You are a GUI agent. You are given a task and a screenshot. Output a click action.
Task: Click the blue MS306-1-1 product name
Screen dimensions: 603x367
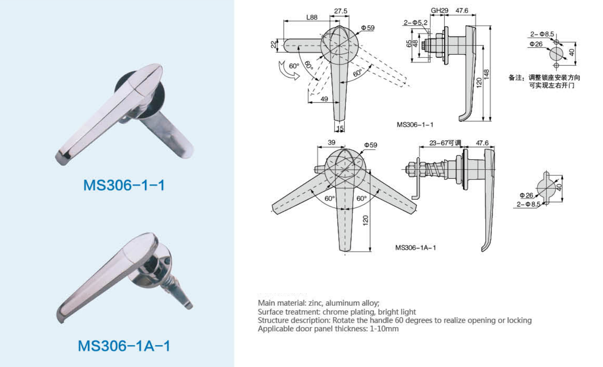click(x=124, y=185)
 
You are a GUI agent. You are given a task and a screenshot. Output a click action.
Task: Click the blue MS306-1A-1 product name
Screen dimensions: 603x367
click(x=124, y=346)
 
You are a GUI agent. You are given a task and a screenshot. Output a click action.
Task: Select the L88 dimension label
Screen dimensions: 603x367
click(x=312, y=17)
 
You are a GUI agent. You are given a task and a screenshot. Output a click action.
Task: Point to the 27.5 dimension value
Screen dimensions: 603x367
click(x=340, y=11)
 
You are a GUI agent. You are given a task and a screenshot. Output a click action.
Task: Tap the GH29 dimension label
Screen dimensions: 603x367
click(x=439, y=10)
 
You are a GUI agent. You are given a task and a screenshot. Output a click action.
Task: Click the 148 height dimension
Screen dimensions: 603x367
click(x=486, y=74)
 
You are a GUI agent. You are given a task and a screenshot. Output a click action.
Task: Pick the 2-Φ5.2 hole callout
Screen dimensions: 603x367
click(x=416, y=23)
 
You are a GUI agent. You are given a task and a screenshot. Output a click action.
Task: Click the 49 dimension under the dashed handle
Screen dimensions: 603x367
click(x=324, y=99)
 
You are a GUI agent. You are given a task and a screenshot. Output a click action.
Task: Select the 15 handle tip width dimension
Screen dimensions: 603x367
click(x=340, y=128)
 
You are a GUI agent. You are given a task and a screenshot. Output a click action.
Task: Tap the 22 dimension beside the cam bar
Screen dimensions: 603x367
click(x=273, y=44)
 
